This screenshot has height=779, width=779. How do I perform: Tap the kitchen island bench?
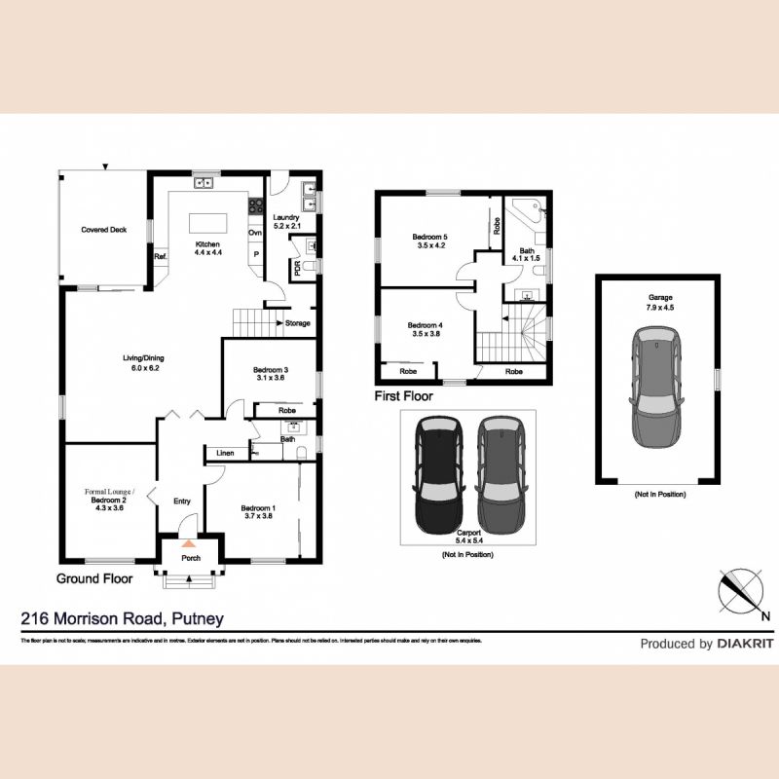[205, 220]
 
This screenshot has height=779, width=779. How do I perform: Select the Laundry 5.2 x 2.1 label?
[287, 221]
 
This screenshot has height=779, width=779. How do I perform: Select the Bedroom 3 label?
[269, 373]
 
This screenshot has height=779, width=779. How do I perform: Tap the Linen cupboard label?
[225, 453]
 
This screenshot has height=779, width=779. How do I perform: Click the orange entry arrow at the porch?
[189, 542]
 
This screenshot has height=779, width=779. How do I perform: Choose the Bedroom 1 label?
[259, 512]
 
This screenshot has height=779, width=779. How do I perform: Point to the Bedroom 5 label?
[428, 241]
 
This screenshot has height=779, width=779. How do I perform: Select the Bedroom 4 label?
[426, 329]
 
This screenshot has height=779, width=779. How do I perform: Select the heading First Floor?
[404, 396]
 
